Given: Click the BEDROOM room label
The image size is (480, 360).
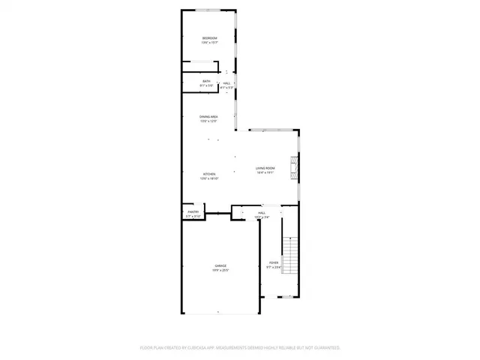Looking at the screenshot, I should [209, 38].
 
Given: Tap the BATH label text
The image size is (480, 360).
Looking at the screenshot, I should [206, 81].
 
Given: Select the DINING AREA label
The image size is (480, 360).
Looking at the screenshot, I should [208, 117].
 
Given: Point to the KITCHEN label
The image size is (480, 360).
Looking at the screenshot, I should [208, 174].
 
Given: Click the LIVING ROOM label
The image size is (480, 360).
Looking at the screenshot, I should [265, 168].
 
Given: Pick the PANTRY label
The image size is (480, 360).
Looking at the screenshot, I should [193, 213].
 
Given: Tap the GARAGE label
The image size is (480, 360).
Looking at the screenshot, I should [220, 265].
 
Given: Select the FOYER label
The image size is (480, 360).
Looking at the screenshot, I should [274, 262].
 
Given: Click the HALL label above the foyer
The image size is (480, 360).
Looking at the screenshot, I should [262, 213].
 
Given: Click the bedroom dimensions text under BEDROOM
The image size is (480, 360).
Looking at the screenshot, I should [209, 43].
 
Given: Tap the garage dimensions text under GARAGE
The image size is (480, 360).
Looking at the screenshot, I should [220, 270].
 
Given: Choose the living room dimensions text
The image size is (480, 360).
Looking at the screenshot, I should [265, 172].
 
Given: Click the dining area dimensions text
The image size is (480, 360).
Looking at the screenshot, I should [208, 121].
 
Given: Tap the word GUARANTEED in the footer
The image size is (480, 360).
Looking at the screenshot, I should [325, 348].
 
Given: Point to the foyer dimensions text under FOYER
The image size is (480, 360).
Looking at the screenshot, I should [274, 267].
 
